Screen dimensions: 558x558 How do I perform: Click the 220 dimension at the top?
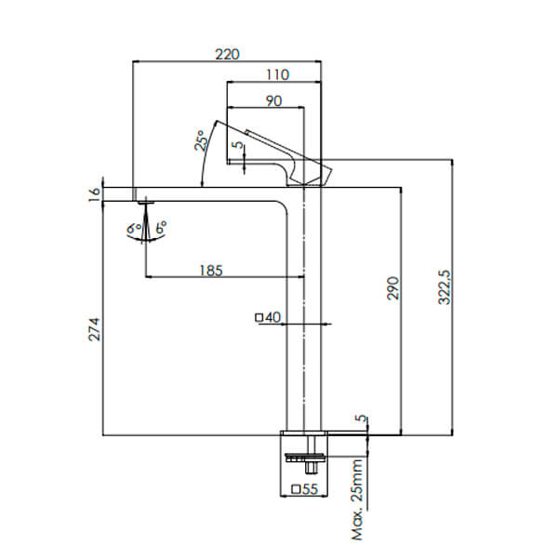[227, 53]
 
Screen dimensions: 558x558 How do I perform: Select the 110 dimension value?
[277, 74]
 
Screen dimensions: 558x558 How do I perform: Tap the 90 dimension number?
[273, 100]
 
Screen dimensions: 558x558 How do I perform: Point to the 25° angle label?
[200, 141]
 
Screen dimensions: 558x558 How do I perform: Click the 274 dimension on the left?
[93, 329]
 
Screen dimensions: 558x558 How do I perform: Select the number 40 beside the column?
[272, 317]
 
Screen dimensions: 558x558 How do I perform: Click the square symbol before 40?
[259, 317]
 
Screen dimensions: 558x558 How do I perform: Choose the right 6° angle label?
[162, 226]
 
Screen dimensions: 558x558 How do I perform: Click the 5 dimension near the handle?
[238, 146]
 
